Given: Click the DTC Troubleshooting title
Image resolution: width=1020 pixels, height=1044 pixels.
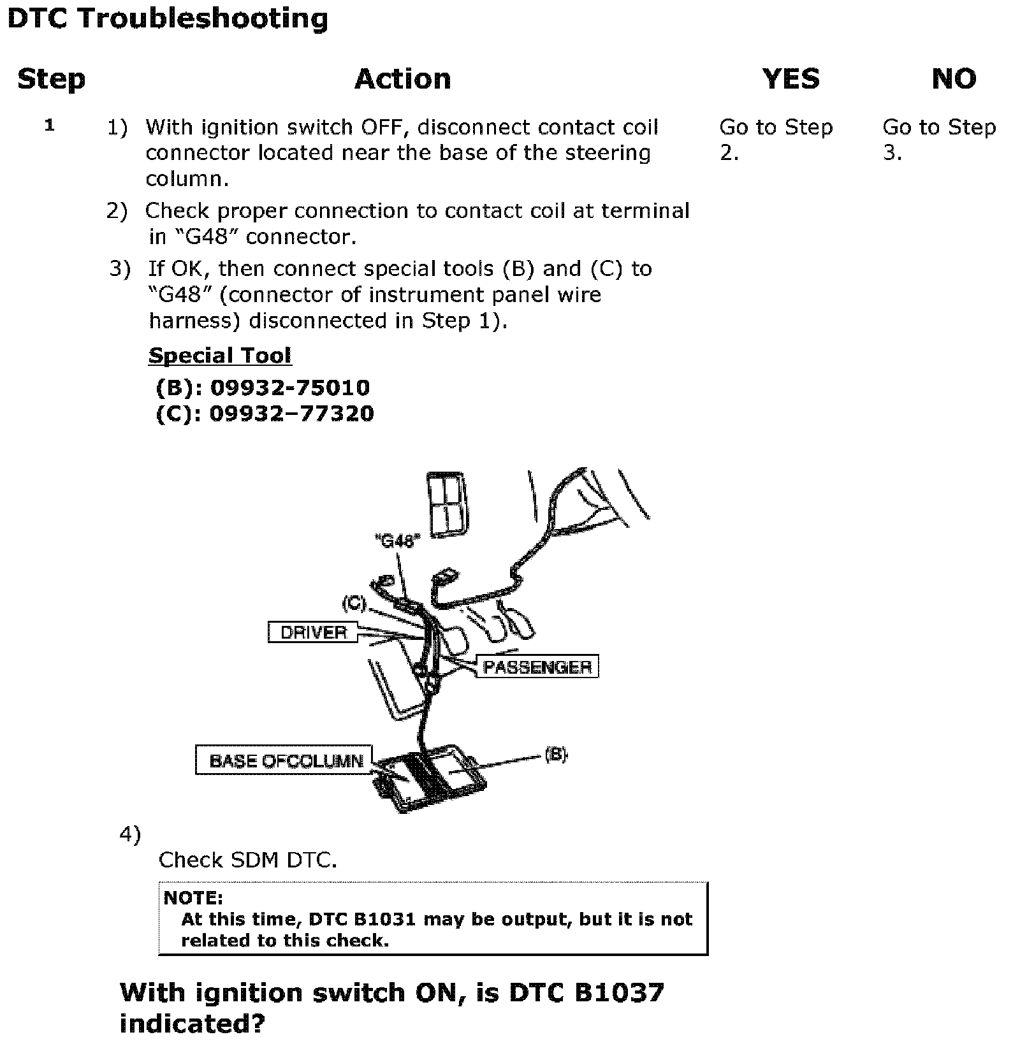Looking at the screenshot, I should point(168,18).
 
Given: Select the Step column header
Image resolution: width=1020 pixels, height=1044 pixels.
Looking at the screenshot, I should point(51,79).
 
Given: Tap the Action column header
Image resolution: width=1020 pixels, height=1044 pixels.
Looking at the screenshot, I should point(402,79).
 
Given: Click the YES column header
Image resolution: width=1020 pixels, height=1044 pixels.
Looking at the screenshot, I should point(790,79).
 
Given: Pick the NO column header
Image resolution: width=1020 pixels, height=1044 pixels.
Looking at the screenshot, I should point(953,79).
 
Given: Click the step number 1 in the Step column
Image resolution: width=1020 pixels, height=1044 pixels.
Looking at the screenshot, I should point(50,126).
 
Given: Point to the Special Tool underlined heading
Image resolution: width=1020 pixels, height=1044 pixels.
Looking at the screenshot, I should point(219,356).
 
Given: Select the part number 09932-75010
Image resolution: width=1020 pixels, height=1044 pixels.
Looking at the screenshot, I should point(289,388).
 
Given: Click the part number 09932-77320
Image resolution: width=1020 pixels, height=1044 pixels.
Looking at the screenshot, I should point(291,414).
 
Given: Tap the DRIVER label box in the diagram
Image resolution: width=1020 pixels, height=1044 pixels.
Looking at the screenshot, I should point(313,632).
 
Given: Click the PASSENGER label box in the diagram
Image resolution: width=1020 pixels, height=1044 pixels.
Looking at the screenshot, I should point(537,667).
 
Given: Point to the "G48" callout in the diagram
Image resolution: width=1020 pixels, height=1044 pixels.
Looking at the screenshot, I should point(397,541).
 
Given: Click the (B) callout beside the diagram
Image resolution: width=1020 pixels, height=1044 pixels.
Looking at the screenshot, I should point(555,755).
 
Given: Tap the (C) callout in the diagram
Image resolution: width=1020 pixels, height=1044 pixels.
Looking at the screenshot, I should point(354,602).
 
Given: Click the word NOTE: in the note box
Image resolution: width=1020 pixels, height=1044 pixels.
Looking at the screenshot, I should point(193,898).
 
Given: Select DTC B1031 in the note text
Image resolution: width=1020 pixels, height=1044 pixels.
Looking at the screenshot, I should point(362,919).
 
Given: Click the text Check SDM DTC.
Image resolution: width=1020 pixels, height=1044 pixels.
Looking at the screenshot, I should point(247,860).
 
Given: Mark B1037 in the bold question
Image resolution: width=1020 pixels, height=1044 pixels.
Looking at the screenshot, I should point(618,992).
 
